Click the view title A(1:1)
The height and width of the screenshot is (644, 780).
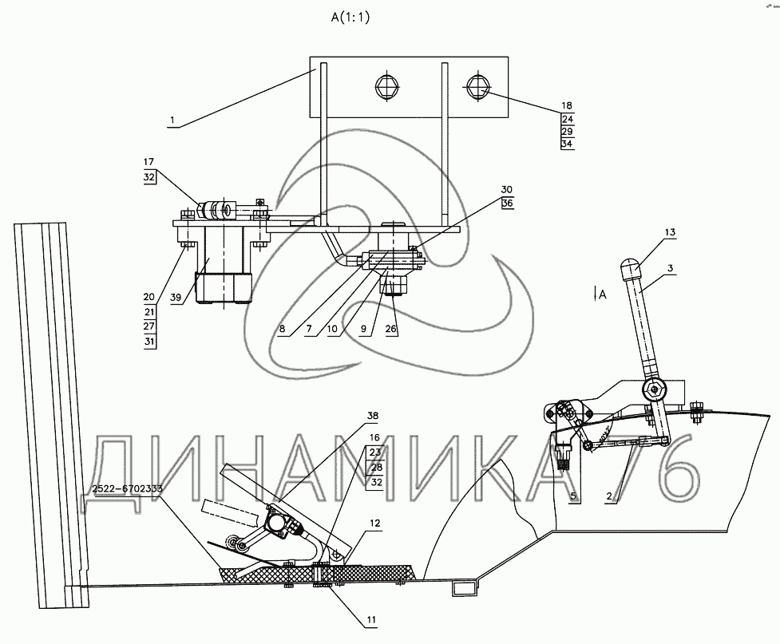(350, 18)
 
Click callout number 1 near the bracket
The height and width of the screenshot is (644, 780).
(172, 120)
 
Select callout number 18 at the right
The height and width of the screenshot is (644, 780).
(567, 105)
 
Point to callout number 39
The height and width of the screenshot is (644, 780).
(176, 298)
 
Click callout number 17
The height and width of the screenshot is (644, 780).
(148, 162)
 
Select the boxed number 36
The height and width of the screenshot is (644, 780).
(507, 203)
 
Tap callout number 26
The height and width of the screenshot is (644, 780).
(391, 329)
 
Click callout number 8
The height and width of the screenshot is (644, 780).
(282, 329)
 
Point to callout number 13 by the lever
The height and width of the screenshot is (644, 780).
(670, 232)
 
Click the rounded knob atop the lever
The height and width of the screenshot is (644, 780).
(630, 269)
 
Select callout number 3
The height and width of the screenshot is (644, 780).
(670, 269)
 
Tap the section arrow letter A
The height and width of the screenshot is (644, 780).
(603, 294)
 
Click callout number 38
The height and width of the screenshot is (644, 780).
(373, 415)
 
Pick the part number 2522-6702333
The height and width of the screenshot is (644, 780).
(128, 488)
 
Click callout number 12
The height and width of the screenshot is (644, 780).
(374, 523)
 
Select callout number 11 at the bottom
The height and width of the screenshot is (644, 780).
(371, 619)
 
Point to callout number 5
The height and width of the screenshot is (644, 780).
(573, 496)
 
